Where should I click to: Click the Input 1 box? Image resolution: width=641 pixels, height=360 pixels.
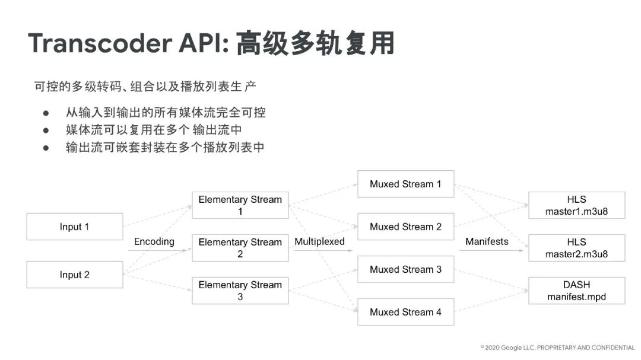coord(74,227)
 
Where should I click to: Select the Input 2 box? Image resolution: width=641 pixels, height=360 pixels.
coord(74,275)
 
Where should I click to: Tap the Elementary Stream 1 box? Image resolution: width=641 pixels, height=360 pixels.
coord(240,205)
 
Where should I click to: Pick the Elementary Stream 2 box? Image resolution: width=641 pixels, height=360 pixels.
coord(240,248)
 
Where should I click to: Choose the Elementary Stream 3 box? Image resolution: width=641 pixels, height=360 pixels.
coord(240,291)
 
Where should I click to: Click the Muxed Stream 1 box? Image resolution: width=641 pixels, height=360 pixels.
coord(405,184)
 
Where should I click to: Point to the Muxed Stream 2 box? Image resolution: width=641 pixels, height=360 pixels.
coord(405,227)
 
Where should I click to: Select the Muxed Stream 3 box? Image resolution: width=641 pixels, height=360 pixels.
coord(405,269)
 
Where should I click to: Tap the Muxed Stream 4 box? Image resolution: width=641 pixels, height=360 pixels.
coord(405,312)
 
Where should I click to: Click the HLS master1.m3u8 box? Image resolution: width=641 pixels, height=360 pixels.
coord(576,205)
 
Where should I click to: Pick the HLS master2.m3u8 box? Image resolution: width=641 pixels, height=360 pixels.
coord(576,248)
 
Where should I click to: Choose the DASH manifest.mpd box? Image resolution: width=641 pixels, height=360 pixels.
coord(576,291)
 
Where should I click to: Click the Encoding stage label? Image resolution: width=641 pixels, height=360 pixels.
coord(154,241)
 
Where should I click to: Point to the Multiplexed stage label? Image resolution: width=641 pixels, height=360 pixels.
coord(319,241)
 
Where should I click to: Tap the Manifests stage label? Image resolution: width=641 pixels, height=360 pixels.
coord(487,241)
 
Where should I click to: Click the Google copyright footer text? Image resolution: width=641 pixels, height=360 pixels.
coord(557,347)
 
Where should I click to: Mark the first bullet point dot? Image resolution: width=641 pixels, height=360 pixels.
coord(45,113)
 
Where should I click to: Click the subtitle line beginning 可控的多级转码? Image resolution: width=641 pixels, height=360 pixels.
coord(145,87)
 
